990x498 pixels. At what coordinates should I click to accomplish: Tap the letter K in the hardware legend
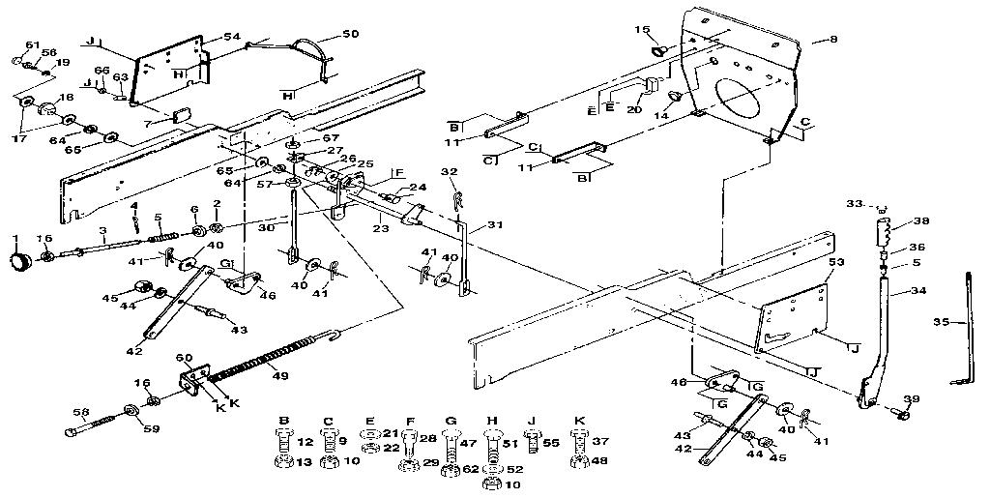[x=579, y=422]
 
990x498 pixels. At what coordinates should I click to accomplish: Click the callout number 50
[x=349, y=34]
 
